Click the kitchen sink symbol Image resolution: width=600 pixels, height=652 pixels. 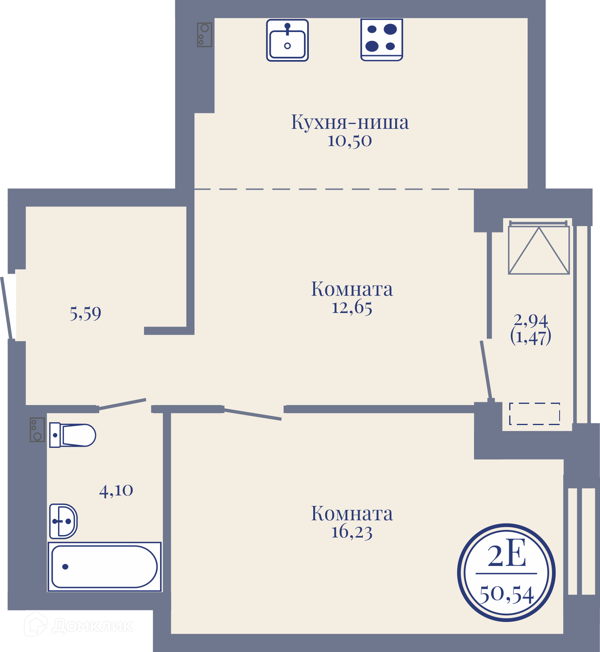coord(287,40)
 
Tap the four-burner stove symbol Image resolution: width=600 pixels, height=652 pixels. coord(382,40)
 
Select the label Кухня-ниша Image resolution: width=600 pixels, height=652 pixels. coord(350,122)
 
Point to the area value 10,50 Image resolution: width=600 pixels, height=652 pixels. coord(350,141)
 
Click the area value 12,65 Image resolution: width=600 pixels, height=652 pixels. coord(352,308)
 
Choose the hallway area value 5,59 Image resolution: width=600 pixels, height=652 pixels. coord(86,313)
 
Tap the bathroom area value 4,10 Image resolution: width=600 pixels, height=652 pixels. coord(116,490)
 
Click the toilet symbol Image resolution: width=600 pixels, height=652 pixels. coord(72,435)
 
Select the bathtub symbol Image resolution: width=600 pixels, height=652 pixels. coord(104,566)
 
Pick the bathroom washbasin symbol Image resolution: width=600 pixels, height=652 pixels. coord(63,521)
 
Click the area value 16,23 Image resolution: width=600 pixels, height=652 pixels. coord(352,532)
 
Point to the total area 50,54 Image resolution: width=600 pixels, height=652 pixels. coord(507,594)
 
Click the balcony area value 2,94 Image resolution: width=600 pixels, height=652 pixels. coord(531,320)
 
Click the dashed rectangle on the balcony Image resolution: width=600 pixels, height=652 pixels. coord(534,413)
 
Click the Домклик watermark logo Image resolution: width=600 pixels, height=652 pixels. coord(79,624)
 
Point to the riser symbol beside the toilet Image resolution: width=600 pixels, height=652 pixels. coord(37,430)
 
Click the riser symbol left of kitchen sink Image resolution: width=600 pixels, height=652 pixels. coord(204,34)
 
